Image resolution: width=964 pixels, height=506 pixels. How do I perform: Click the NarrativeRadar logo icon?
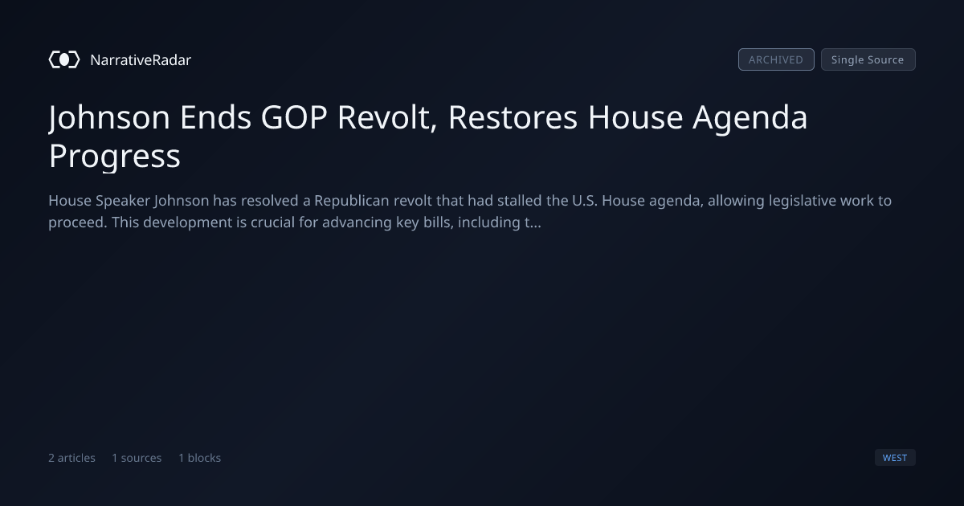coord(64,59)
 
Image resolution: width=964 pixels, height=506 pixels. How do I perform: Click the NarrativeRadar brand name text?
coord(141,59)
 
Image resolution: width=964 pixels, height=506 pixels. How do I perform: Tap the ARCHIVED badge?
coord(776,59)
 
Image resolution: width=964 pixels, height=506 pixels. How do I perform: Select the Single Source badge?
coord(868,59)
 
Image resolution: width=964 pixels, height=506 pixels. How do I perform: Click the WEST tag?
coord(895,457)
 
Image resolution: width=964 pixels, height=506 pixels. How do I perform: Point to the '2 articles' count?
coord(71,458)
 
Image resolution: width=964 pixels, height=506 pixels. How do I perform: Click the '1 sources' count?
coord(137,458)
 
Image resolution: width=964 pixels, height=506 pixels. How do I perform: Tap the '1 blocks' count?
coord(200,458)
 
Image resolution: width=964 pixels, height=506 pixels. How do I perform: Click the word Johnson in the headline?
coord(109,117)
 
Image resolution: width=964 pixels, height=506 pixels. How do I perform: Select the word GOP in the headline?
coord(294,117)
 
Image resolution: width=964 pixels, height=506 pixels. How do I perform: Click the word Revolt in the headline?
coord(387,117)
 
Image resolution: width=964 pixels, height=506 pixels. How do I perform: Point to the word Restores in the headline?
coord(513,117)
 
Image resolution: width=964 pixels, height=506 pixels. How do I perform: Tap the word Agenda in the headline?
coord(750,118)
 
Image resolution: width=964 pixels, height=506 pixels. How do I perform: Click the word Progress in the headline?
coord(114,156)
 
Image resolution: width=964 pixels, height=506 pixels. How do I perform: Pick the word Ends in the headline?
coord(215,117)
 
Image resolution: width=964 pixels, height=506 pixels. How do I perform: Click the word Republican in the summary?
coord(352,201)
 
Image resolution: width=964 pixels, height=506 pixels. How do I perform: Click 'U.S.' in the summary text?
coord(585,201)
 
